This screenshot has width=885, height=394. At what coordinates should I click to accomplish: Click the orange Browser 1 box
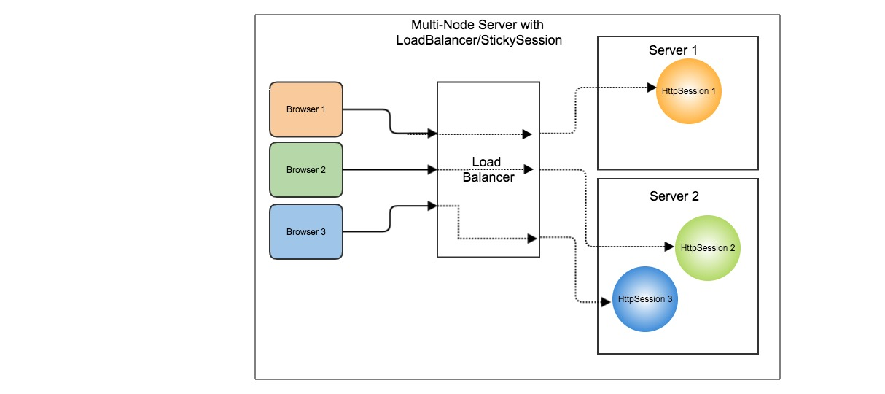(305, 109)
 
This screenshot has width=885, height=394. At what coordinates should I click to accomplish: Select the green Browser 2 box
(305, 170)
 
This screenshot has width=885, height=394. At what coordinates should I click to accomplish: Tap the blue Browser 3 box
(305, 232)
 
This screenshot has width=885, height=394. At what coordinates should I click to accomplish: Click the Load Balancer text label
(488, 169)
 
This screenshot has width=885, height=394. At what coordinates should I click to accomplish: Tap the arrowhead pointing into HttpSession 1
(653, 88)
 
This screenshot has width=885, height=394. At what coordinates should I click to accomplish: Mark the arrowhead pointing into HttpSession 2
(671, 247)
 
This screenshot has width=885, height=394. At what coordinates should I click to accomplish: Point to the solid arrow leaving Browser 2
(386, 170)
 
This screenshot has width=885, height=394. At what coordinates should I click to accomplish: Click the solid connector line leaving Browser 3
(390, 219)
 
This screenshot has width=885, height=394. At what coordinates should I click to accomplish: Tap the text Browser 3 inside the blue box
(305, 232)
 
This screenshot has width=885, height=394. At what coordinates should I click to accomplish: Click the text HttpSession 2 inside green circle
(706, 248)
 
